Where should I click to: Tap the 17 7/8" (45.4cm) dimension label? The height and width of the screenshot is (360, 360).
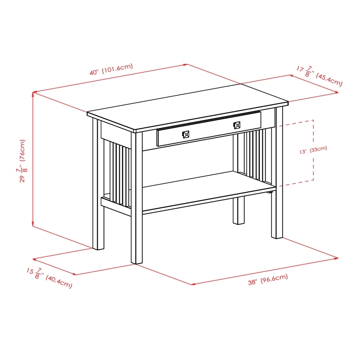pyautogui.click(x=319, y=76)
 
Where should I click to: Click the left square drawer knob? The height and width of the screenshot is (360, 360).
pyautogui.click(x=185, y=134)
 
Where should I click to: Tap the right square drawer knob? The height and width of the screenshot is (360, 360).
pyautogui.click(x=237, y=125)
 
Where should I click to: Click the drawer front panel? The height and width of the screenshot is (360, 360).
pyautogui.click(x=209, y=129)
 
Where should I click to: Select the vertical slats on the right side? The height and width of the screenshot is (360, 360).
pyautogui.click(x=256, y=153)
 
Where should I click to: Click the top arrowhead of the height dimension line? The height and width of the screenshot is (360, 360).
pyautogui.click(x=33, y=94)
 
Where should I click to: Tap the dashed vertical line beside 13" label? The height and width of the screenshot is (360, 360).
pyautogui.click(x=313, y=151)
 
